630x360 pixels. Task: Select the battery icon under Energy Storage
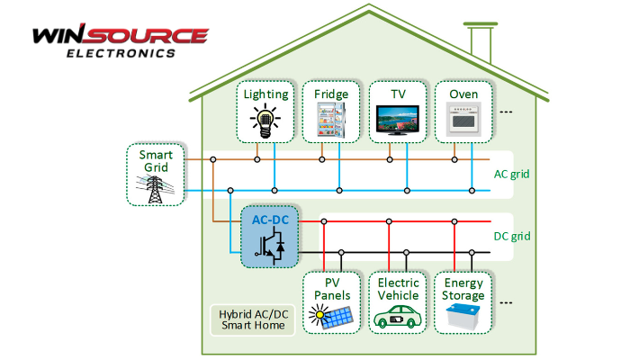pyautogui.click(x=463, y=316)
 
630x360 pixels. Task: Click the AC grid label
pyautogui.click(x=512, y=175)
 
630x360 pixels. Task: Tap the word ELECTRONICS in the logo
pyautogui.click(x=121, y=53)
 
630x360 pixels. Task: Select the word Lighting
pyautogui.click(x=265, y=94)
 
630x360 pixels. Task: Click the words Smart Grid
pyautogui.click(x=156, y=160)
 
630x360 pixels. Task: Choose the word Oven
pyautogui.click(x=463, y=94)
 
